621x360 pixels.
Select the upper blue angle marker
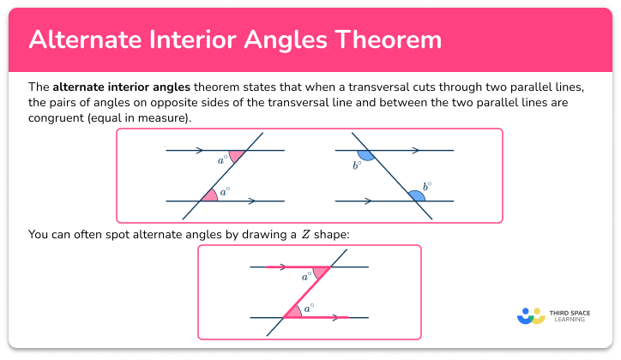(366, 155)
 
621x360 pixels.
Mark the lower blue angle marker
(416, 195)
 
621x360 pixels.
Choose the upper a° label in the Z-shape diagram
(306, 277)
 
